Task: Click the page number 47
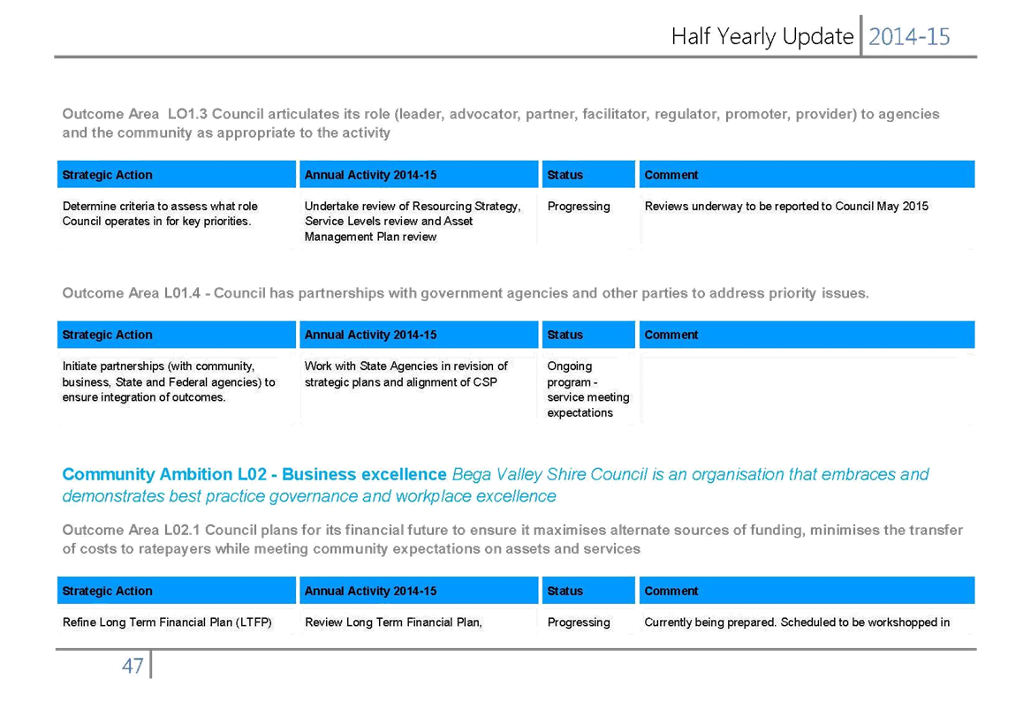click(133, 667)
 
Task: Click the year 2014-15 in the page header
click(909, 37)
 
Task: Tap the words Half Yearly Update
click(762, 37)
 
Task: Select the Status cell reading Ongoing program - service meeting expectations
click(588, 389)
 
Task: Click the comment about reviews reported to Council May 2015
click(786, 207)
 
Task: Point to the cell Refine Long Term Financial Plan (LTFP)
click(167, 622)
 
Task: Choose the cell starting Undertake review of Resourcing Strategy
click(413, 222)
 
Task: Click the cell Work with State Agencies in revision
click(406, 373)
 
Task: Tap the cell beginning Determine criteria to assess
click(160, 214)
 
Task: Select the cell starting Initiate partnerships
click(169, 381)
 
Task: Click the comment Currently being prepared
click(797, 622)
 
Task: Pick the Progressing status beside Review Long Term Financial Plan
click(579, 622)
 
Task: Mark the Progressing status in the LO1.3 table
click(579, 207)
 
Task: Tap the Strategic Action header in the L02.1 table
click(107, 591)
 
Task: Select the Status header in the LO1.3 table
click(565, 175)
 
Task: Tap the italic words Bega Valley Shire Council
click(550, 474)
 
